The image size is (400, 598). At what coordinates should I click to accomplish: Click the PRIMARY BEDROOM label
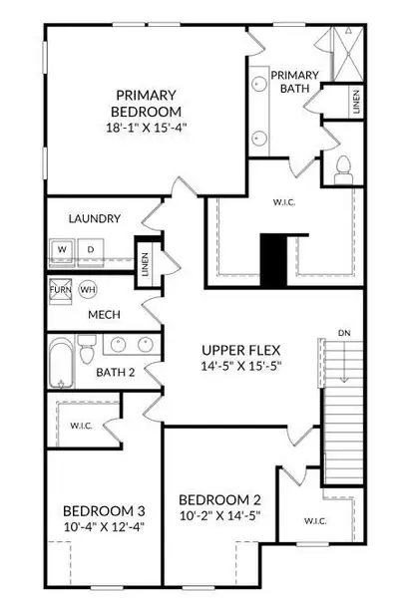[146, 101]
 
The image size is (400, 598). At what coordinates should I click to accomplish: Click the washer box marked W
[62, 248]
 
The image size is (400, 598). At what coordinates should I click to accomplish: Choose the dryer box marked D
[89, 248]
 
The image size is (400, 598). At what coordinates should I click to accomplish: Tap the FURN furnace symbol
[61, 290]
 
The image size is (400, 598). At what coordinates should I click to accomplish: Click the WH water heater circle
[88, 290]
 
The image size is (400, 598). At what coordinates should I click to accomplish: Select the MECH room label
[104, 315]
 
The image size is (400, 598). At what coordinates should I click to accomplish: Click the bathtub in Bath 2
[61, 364]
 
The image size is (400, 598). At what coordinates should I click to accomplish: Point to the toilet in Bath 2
[87, 354]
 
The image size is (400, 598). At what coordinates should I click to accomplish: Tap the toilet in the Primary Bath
[343, 170]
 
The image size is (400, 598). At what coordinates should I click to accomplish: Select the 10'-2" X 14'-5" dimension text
[220, 517]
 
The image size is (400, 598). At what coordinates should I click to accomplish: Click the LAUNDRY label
[95, 218]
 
